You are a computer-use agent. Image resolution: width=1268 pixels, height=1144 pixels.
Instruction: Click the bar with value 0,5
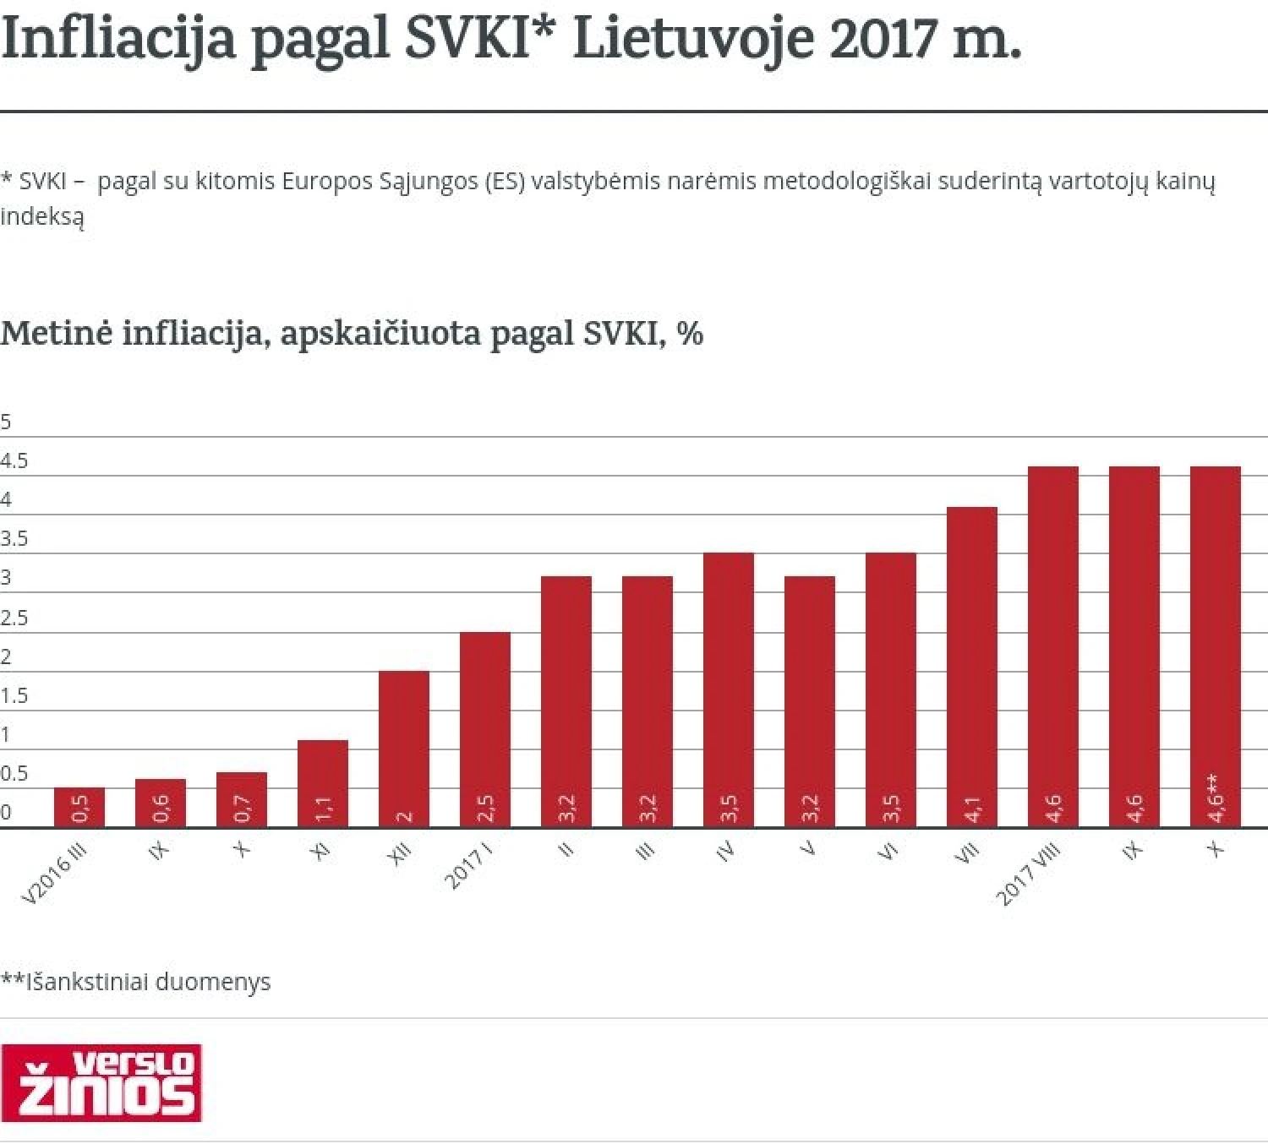click(x=79, y=807)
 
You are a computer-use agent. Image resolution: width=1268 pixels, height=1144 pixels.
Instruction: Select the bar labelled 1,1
click(x=323, y=783)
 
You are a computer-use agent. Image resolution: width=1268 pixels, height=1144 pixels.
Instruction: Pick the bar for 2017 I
click(x=485, y=729)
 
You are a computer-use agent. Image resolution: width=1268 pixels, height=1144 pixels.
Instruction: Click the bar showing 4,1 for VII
click(x=972, y=667)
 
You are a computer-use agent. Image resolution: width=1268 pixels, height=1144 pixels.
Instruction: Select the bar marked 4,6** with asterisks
click(x=1216, y=646)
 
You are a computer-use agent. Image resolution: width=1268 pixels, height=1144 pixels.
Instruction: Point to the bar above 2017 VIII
click(x=1053, y=646)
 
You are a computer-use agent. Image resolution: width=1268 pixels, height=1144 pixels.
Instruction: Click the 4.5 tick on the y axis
click(x=14, y=461)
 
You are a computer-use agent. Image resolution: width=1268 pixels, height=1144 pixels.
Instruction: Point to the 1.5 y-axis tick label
click(x=14, y=696)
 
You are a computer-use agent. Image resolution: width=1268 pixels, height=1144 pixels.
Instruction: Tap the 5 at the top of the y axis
click(x=6, y=422)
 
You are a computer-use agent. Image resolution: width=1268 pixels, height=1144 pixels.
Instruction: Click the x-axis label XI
click(x=320, y=852)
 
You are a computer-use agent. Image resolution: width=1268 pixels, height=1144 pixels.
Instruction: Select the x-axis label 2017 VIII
click(x=1028, y=874)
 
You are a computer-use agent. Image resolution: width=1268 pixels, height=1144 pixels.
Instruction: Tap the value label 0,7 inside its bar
click(x=243, y=809)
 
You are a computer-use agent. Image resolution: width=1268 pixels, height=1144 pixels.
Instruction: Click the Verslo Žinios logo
click(x=101, y=1083)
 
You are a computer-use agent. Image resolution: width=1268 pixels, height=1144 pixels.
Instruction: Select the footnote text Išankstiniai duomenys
click(x=148, y=982)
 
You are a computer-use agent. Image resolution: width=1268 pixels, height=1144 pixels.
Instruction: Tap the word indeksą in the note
click(x=42, y=216)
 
